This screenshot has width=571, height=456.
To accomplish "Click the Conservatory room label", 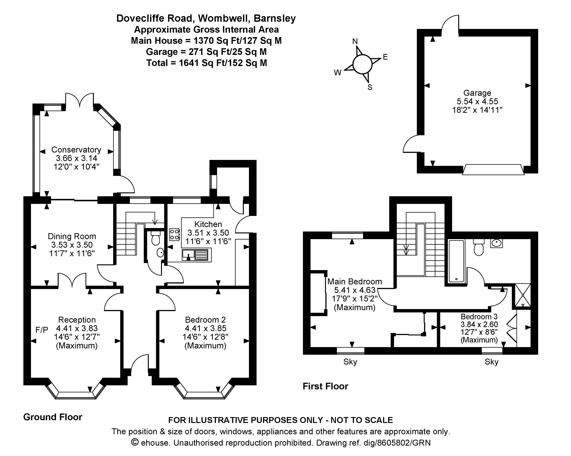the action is tap(76, 150).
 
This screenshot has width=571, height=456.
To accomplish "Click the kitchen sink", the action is tap(196, 255).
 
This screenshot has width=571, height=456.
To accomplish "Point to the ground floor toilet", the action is tap(155, 238).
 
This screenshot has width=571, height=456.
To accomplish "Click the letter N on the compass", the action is tap(355, 41).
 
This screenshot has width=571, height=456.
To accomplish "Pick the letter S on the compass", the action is tap(370, 87).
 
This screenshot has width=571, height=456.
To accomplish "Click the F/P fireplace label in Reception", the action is tap(42, 330).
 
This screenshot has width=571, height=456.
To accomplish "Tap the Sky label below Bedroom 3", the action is tap(492, 362).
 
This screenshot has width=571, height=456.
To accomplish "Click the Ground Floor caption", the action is tap(53, 417).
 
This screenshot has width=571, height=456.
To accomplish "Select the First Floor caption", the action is tap(325, 386).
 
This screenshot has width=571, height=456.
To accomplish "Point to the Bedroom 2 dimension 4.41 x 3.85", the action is tap(206, 328).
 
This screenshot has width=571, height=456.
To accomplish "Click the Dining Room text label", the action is tap(72, 236).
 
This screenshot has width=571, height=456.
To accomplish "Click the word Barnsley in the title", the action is tap(275, 18).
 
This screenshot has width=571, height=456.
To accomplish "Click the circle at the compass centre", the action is tap(362, 64).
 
